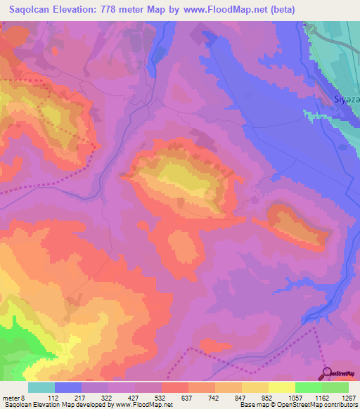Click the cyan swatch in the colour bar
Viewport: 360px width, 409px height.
point(41,387)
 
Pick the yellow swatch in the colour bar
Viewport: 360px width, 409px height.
point(281,387)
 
